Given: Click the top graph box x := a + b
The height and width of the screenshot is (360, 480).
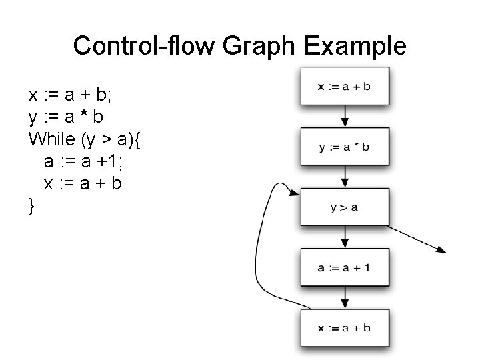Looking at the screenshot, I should [345, 86].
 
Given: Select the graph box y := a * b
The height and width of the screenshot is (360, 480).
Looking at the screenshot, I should [345, 146].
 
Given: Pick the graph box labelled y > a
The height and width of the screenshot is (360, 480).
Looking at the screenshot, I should [345, 207].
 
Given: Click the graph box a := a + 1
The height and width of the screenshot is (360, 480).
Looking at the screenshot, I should [345, 267].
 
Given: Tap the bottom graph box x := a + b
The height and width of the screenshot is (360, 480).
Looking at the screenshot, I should [345, 327].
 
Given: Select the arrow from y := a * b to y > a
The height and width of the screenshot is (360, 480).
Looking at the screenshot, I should [345, 176].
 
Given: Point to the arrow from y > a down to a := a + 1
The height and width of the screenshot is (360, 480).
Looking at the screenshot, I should [345, 237].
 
